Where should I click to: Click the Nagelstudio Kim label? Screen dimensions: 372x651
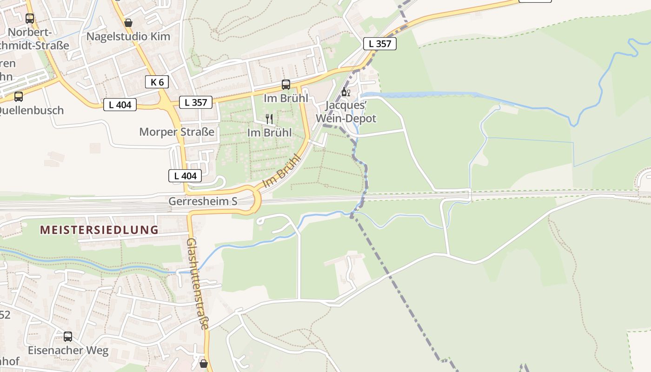[128, 36]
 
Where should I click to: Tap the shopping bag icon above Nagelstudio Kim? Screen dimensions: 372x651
[128, 22]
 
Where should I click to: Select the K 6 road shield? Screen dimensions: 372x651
[157, 82]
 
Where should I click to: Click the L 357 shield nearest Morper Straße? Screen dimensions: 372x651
[196, 102]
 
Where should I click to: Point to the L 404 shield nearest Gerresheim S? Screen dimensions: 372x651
[185, 176]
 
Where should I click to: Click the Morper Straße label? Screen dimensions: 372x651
[177, 132]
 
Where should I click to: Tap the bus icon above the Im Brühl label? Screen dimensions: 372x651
[286, 85]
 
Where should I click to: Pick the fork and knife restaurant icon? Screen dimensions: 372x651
[269, 119]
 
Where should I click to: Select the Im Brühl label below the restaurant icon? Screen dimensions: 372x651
[269, 133]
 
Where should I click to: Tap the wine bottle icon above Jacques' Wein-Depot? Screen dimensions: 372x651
[345, 92]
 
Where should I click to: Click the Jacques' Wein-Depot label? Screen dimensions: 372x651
[345, 112]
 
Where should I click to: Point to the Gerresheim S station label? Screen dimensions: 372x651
[203, 201]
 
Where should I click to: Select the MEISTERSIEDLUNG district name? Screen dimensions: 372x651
[99, 230]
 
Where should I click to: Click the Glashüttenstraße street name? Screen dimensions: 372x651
[197, 284]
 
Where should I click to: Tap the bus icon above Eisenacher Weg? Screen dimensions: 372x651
[68, 336]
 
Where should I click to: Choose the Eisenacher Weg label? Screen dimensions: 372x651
[68, 350]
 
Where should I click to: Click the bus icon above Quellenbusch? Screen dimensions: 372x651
[19, 97]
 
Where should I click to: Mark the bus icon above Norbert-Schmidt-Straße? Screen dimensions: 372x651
[30, 19]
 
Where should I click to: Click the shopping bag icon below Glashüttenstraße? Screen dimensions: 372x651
[203, 363]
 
